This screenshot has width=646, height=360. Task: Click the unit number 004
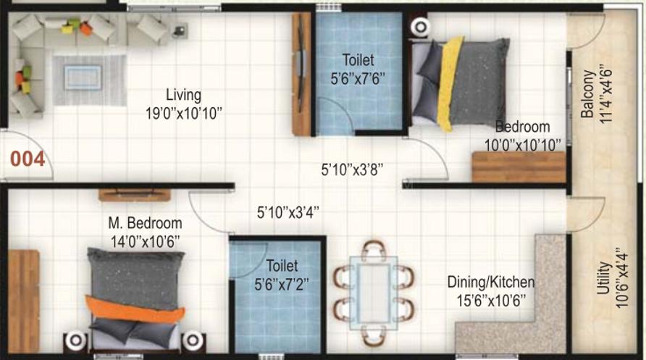pos(28,159)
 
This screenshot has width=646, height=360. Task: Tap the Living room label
pos(184,95)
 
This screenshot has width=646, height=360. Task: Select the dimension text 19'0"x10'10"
pos(184,113)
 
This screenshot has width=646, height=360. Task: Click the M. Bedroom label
pos(145,223)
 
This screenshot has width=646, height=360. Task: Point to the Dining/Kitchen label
pos(491,282)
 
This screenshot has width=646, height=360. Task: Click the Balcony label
pos(588,94)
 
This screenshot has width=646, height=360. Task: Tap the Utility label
pos(603,277)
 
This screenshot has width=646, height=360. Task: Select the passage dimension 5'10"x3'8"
pos(352,169)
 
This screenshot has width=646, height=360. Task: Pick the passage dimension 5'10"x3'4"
pos(288,212)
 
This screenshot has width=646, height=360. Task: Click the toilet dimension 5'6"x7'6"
pos(358,78)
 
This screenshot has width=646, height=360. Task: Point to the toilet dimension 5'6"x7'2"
pos(282,284)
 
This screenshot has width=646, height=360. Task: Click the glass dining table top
pos(374,293)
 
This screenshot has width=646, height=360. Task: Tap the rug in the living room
pos(89,80)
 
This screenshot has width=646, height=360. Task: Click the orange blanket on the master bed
pos(135,309)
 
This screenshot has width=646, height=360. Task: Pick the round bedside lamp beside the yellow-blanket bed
pos(420,28)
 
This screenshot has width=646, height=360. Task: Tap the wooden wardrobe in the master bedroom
pos(23,301)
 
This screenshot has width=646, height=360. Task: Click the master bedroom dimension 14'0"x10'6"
pos(145,242)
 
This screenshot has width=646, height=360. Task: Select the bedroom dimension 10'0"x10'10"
pos(522,145)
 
